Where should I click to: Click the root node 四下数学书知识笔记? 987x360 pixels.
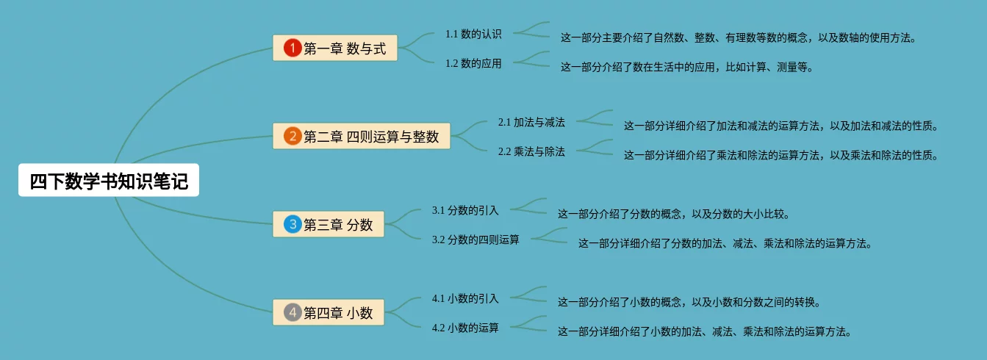[109, 181]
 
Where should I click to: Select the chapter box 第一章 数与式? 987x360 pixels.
[334, 48]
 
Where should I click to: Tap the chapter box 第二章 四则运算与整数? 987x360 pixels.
[361, 136]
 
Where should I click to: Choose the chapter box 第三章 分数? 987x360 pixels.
[328, 224]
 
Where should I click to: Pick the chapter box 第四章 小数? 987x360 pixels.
[328, 313]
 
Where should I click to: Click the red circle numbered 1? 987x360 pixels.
[292, 48]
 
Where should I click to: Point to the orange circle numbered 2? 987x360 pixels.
[292, 136]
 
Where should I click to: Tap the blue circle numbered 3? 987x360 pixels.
[292, 224]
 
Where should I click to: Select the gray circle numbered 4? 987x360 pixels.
[292, 313]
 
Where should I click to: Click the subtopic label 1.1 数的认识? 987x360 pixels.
[473, 34]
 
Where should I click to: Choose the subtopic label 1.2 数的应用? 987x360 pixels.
[473, 63]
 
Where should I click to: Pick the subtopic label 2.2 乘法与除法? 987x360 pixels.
[531, 151]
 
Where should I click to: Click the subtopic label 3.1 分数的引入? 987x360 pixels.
[465, 210]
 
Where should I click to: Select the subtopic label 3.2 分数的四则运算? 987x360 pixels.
[475, 240]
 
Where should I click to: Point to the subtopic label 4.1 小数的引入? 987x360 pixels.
[465, 298]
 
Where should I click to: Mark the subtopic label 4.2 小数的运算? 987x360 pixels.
[465, 328]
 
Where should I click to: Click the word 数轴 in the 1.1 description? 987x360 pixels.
[833, 37]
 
